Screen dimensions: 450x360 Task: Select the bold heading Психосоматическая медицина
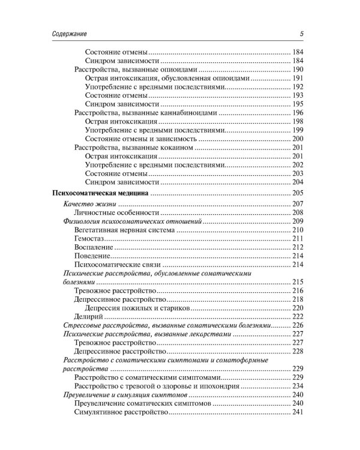coord(98,193)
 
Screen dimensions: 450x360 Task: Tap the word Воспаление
coord(93,247)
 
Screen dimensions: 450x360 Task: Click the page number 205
coord(298,193)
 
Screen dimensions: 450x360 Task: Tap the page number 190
coord(298,70)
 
